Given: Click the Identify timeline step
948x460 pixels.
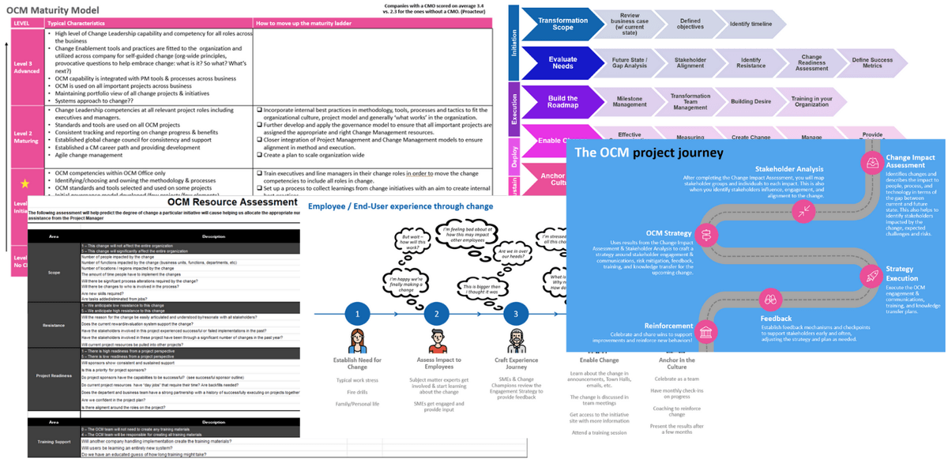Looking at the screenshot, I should (x=750, y=25).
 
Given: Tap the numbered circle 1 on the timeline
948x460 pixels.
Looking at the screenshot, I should (x=357, y=313).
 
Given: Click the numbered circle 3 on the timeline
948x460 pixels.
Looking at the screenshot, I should (x=516, y=313).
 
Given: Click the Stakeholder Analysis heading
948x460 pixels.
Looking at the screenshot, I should (x=789, y=168).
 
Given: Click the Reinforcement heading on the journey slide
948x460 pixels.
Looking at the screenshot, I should (x=669, y=326).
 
